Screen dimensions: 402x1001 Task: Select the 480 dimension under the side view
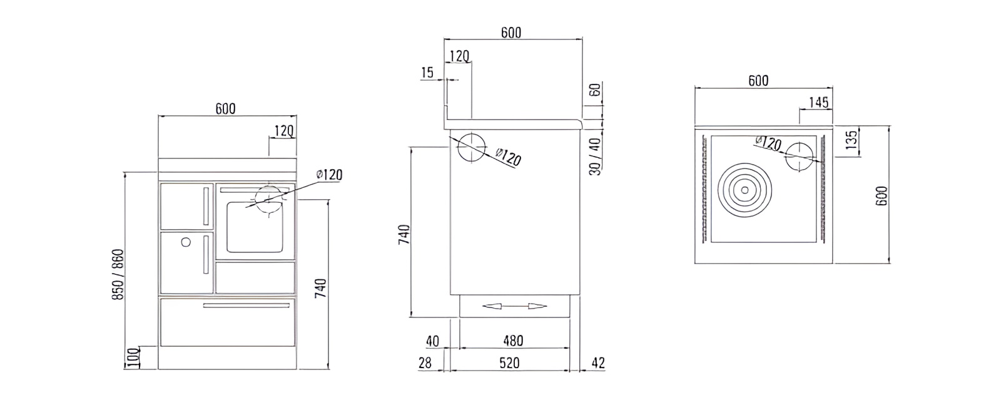coord(512,341)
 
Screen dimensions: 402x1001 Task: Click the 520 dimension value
coord(510,363)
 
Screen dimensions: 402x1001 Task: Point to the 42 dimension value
coord(597,363)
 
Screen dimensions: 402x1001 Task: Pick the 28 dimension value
coord(425,363)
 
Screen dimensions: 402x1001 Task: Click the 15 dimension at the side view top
coord(427,73)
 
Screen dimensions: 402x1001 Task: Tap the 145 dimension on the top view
coord(818,101)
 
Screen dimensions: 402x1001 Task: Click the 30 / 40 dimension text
coord(595,156)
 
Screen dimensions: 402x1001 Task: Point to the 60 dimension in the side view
coord(595,90)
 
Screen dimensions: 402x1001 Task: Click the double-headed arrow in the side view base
coord(514,306)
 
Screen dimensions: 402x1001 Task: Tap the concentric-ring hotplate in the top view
coord(745,188)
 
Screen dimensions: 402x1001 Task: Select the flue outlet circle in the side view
coord(472,148)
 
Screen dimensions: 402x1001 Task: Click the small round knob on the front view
coord(185,242)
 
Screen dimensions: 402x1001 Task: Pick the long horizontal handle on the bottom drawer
coord(246,306)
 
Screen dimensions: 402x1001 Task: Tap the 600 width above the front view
coord(225,109)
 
